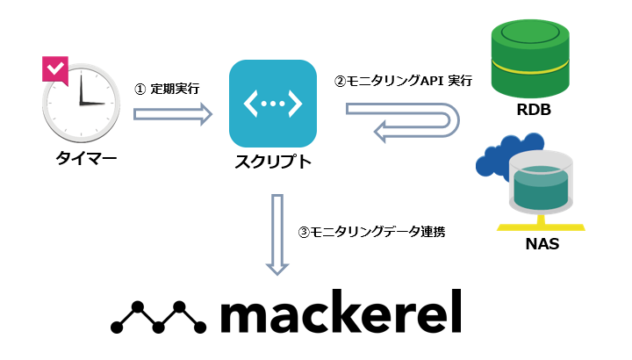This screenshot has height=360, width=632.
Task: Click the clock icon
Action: coord(81,104)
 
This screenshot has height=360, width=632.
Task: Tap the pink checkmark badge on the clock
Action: coord(55,69)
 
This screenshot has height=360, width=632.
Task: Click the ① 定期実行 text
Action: coord(167,89)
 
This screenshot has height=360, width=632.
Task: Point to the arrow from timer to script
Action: coord(173,112)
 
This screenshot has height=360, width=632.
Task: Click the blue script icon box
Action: coord(272,104)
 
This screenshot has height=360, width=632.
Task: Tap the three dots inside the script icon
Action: coord(272,104)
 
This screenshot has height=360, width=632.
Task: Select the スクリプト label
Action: coord(272,162)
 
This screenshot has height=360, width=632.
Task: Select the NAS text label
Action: coord(538,245)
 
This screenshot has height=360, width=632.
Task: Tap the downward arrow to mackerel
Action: coord(277,233)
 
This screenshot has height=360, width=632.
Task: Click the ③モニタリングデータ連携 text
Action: coord(371,233)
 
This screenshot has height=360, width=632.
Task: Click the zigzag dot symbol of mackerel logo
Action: coord(159,317)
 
